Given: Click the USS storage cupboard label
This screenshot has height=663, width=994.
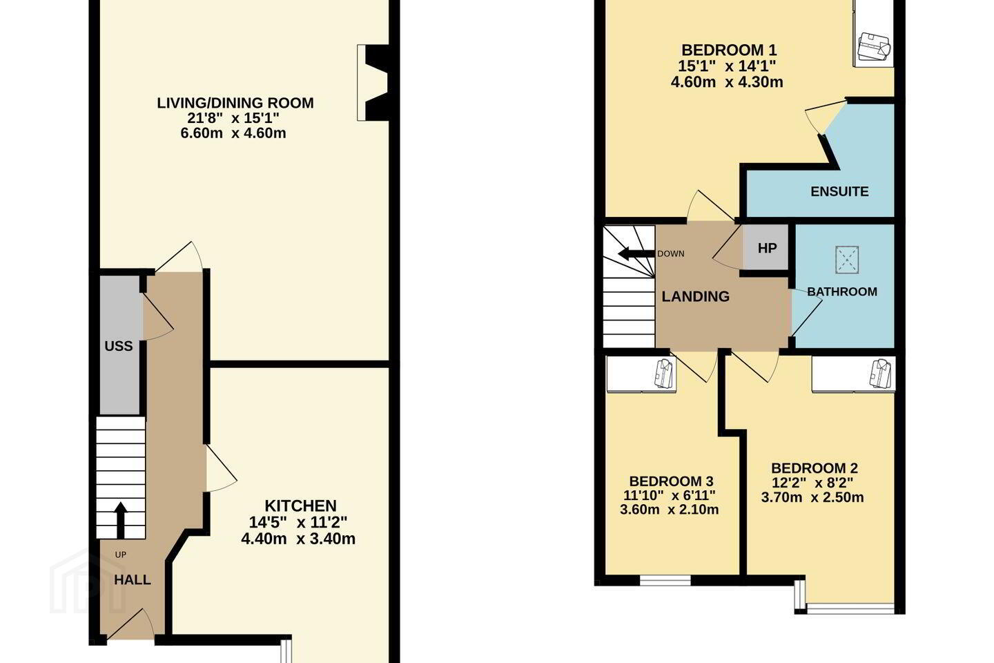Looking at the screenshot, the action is click(x=119, y=346).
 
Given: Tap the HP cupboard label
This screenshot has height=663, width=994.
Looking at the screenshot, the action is click(x=768, y=248).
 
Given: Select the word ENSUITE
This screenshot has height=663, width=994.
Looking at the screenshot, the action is click(x=839, y=191).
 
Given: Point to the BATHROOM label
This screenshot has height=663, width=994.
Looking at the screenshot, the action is click(x=842, y=291).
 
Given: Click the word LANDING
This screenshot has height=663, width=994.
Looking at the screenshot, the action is click(x=695, y=296).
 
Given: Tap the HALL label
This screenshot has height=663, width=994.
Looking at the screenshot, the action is click(x=133, y=579).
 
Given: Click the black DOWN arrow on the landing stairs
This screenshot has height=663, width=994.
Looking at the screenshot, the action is click(x=636, y=254).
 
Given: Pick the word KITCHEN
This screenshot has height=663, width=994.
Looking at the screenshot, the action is click(x=300, y=506).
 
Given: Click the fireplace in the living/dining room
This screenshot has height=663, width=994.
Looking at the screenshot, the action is click(x=373, y=83).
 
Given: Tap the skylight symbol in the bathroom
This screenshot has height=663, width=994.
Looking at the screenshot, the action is click(x=847, y=260).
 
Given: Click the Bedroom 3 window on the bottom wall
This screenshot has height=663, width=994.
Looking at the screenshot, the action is click(x=665, y=580).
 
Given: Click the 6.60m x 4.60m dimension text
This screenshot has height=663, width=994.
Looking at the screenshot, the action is click(x=233, y=133).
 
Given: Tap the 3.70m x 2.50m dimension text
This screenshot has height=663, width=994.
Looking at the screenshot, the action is click(x=812, y=497).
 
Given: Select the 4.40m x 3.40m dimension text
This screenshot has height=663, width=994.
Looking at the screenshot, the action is click(x=298, y=539).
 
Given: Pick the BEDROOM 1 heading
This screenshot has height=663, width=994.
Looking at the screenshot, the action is click(x=723, y=50).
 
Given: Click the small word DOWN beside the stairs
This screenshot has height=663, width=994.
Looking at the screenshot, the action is click(x=670, y=253).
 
